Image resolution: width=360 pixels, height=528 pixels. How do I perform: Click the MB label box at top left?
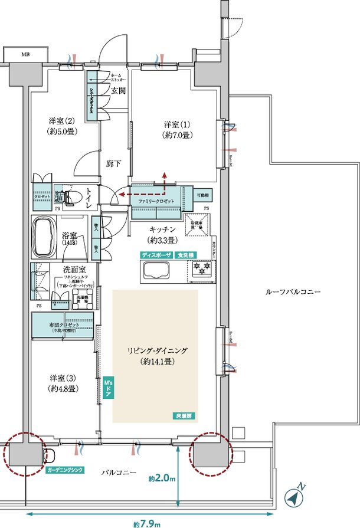[x=25, y=54]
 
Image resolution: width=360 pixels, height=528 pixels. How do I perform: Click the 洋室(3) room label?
[x=61, y=383]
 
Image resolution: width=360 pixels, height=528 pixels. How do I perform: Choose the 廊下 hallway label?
[x=114, y=163]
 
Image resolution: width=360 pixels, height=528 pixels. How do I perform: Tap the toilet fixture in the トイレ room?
[x=71, y=196]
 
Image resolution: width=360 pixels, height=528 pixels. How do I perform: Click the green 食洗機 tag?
[x=188, y=254]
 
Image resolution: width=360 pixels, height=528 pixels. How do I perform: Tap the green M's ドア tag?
[x=107, y=389]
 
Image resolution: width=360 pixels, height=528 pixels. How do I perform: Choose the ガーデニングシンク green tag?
[x=65, y=470]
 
